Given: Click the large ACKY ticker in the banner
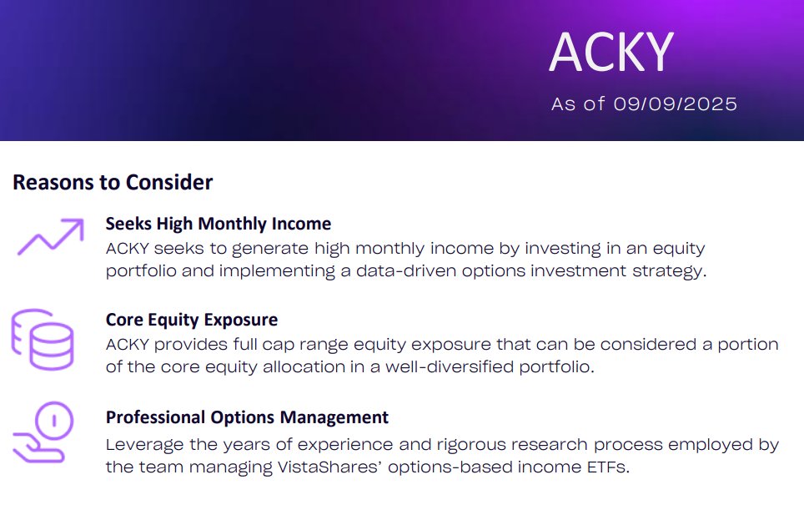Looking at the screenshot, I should click(x=611, y=52).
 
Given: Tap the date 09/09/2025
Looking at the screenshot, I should click(x=675, y=104).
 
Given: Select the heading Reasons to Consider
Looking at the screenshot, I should click(x=113, y=182).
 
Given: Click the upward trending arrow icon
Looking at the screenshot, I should click(x=51, y=237).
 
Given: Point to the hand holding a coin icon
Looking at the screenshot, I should click(x=43, y=433).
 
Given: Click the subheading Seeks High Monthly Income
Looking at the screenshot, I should click(x=219, y=224).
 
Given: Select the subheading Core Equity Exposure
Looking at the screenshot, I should click(x=192, y=320).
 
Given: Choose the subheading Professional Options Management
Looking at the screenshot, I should click(x=247, y=417).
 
